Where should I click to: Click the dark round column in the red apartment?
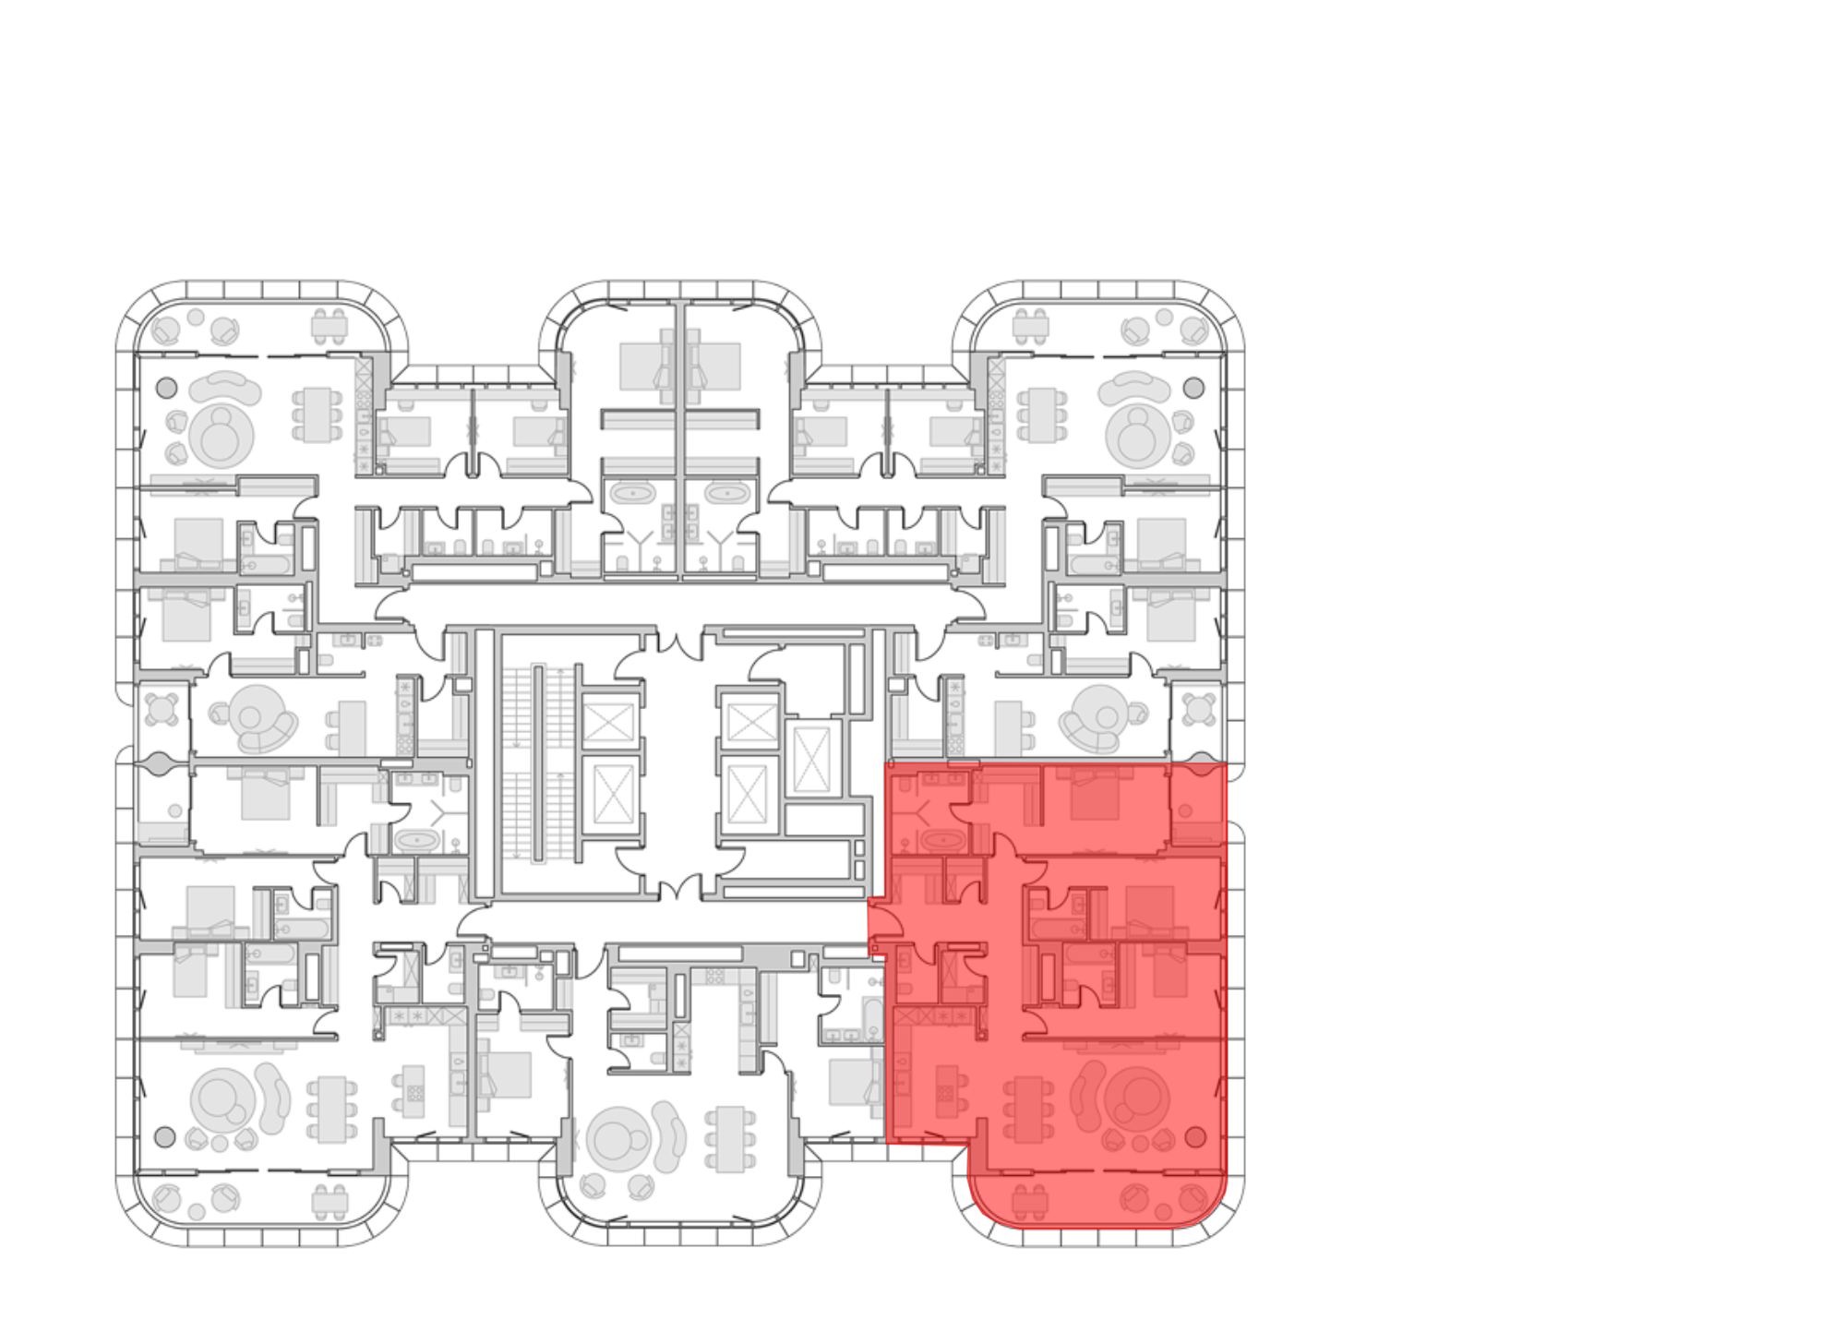1195,1134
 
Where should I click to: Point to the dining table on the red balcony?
1031,1200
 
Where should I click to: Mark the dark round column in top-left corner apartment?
166,386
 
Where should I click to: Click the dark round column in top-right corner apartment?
1193,386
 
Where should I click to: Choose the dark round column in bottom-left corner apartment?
166,1134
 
